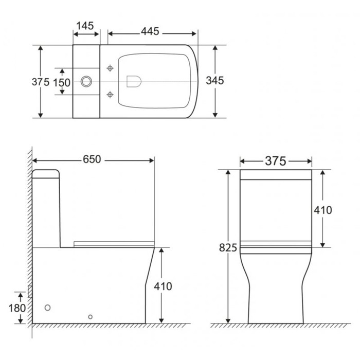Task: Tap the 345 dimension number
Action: pos(215,81)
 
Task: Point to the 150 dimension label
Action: pos(62,82)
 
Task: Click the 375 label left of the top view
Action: pos(40,82)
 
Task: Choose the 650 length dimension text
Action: pos(93,160)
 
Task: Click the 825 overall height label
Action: pos(228,248)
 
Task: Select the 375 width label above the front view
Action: pos(275,161)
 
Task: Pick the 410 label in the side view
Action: pos(163,286)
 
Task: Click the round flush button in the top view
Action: pos(87,81)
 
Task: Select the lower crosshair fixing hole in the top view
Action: pos(109,94)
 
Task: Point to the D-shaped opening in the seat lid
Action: pos(133,81)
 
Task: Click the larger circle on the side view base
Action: pos(48,308)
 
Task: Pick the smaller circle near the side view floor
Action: pos(91,317)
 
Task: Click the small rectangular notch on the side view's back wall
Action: pos(31,292)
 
